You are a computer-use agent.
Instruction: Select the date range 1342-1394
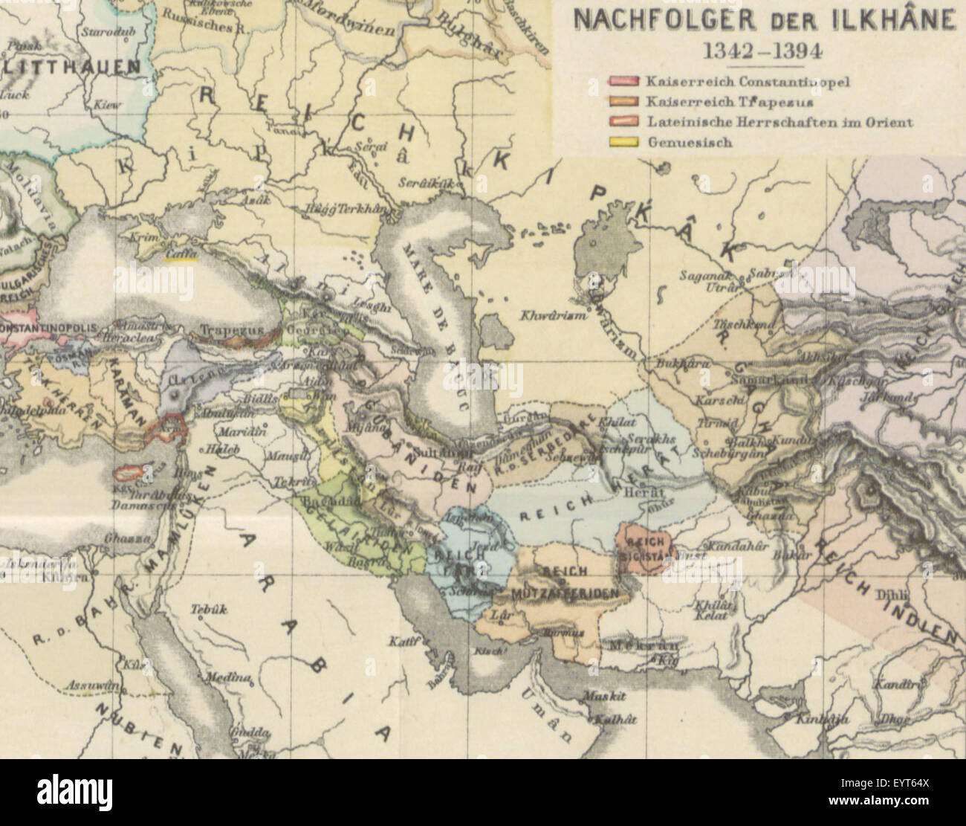point(762,51)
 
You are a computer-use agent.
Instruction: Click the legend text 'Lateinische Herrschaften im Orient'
point(779,122)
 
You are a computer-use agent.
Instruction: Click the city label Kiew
point(107,106)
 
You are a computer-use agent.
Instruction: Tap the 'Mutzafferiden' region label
point(565,595)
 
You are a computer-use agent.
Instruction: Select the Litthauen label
point(71,66)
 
